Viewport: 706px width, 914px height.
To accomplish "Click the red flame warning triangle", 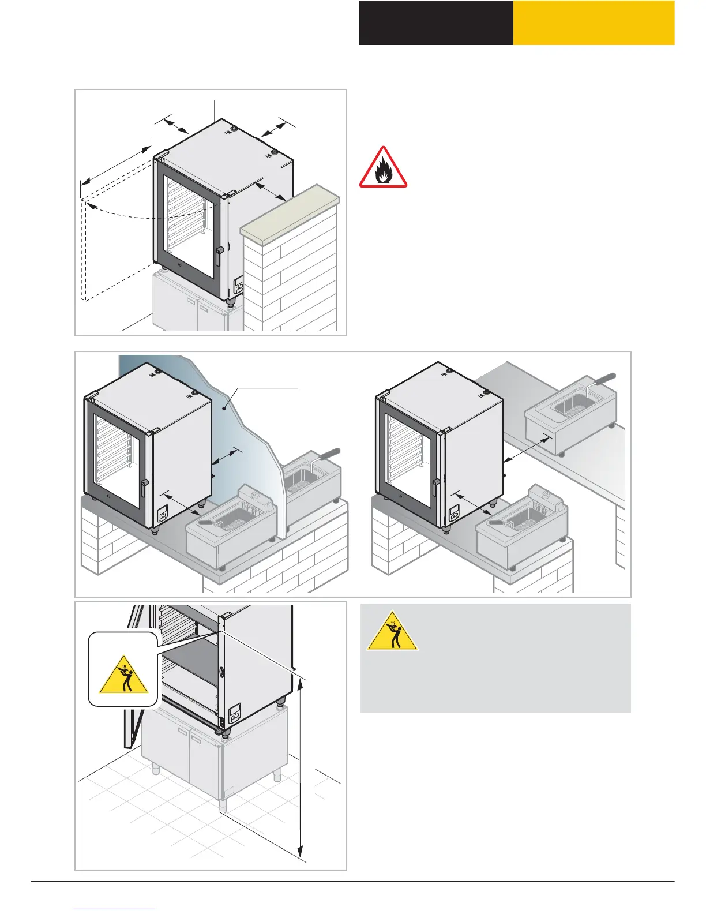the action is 383,168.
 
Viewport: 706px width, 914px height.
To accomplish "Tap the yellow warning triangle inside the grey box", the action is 392,632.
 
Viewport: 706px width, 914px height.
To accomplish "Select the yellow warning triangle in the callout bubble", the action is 123,675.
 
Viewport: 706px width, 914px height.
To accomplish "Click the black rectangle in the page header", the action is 436,23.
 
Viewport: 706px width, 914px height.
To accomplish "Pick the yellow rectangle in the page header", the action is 594,23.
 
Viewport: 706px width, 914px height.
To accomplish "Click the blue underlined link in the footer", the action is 115,909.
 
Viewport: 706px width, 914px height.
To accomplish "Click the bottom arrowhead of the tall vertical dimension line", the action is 300,851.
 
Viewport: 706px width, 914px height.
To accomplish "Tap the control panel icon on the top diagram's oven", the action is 239,286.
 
